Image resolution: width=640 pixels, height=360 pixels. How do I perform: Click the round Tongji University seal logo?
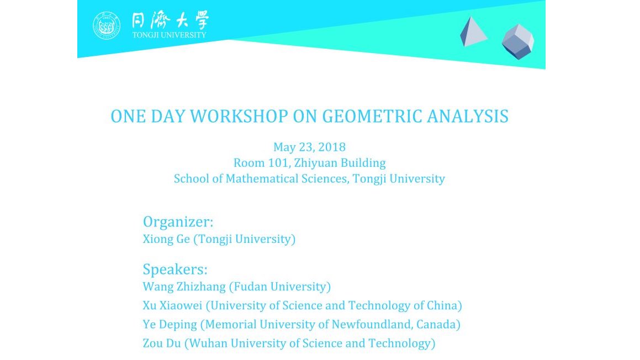click(x=107, y=26)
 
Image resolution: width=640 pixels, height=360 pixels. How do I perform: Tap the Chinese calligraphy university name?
click(x=170, y=22)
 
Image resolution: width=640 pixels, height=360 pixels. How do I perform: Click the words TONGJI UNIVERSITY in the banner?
click(x=169, y=35)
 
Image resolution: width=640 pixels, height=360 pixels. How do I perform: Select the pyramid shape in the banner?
click(x=473, y=32)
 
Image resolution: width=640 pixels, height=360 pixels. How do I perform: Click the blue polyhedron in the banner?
click(x=517, y=41)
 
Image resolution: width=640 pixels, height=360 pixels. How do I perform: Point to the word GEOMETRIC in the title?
click(x=365, y=117)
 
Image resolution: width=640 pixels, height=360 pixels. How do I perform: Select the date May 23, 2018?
click(x=309, y=147)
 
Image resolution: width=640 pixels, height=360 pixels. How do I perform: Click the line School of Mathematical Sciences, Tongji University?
click(x=309, y=179)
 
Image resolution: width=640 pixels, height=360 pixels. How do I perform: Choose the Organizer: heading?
click(x=178, y=221)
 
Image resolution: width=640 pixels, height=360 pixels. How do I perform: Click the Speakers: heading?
click(x=175, y=269)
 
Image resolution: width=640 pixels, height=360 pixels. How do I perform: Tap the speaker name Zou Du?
click(x=161, y=343)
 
